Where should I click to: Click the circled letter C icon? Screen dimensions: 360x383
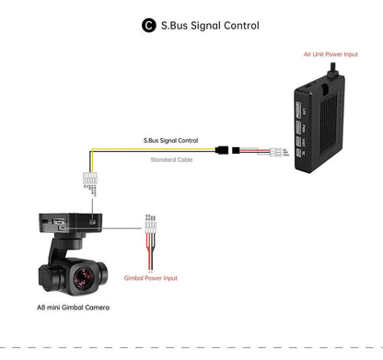(x=148, y=26)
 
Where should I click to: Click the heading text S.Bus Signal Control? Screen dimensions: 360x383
(x=210, y=26)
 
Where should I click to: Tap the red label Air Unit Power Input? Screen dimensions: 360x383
(x=330, y=54)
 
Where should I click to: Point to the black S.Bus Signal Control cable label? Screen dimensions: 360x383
(x=170, y=141)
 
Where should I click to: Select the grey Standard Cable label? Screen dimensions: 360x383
(x=172, y=158)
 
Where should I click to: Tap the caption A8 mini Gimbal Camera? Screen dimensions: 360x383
(x=73, y=306)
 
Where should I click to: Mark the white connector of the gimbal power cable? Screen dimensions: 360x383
(x=148, y=223)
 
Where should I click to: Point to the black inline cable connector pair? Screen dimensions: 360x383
(x=226, y=149)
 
